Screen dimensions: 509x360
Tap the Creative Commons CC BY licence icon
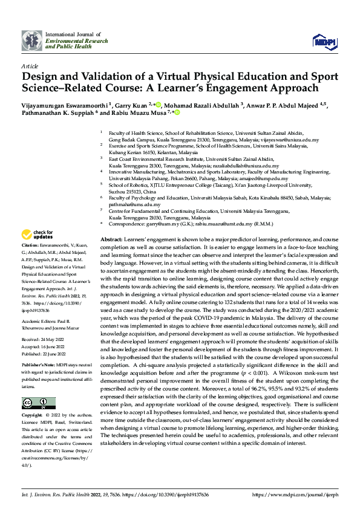click(x=38, y=404)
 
